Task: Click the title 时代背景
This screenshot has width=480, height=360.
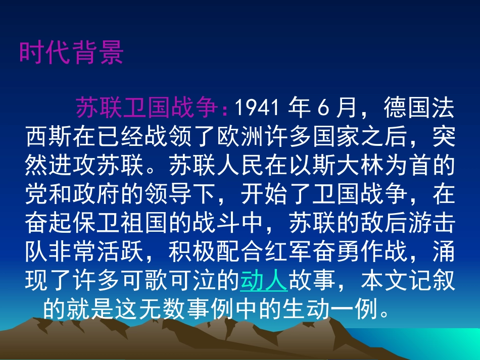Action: pos(71,53)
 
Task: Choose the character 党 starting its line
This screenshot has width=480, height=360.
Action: pos(36,193)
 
